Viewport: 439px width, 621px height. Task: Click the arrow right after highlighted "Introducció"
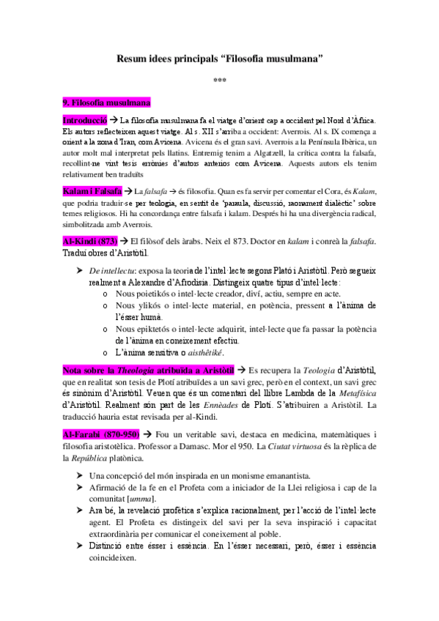coord(115,119)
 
